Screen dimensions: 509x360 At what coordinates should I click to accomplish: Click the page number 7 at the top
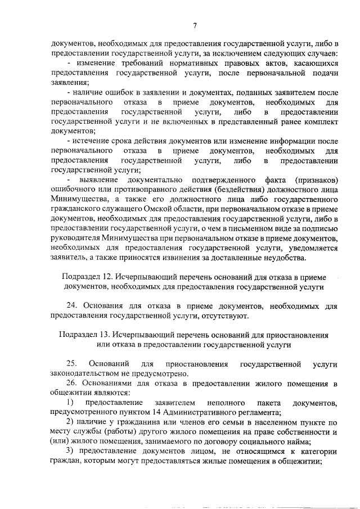tap(195, 25)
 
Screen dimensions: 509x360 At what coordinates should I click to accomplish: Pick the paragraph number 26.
tap(71, 384)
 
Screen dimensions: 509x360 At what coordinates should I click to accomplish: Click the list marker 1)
tap(70, 403)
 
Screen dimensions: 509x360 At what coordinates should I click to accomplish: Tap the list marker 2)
tap(70, 422)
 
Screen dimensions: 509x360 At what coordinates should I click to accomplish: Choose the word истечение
tap(93, 141)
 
